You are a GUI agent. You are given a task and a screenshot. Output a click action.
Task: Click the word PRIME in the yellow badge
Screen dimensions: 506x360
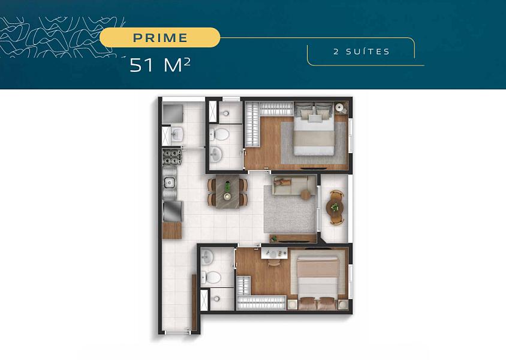click(x=160, y=38)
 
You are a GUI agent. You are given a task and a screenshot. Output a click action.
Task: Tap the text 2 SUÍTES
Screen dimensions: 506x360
click(x=362, y=52)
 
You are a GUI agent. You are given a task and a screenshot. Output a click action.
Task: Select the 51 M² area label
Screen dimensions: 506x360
click(x=159, y=65)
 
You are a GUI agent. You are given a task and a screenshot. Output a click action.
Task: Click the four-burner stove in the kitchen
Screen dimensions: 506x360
click(x=172, y=157)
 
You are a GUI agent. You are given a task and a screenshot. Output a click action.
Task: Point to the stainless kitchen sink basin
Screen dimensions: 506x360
click(x=169, y=183)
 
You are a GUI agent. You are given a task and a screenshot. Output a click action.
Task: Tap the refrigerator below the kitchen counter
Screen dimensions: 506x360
click(x=172, y=211)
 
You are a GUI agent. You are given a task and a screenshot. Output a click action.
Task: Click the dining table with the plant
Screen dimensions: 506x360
click(x=227, y=191)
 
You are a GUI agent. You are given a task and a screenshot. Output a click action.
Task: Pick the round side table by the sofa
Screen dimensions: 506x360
click(x=306, y=194)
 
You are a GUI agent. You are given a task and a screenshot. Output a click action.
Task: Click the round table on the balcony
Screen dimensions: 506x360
click(x=335, y=207)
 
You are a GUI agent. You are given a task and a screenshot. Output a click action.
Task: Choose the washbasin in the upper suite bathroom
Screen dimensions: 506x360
click(x=216, y=154)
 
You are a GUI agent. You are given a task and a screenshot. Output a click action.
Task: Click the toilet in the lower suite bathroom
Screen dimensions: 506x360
click(x=212, y=277)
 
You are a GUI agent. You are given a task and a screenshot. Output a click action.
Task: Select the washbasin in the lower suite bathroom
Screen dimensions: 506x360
click(x=207, y=257)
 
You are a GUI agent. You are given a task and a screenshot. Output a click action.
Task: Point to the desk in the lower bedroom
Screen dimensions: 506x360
click(x=275, y=253)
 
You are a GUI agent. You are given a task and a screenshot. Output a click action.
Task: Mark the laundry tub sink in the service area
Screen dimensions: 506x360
click(x=177, y=134)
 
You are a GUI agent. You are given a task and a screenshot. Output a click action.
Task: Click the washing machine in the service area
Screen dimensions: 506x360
click(x=173, y=113)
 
